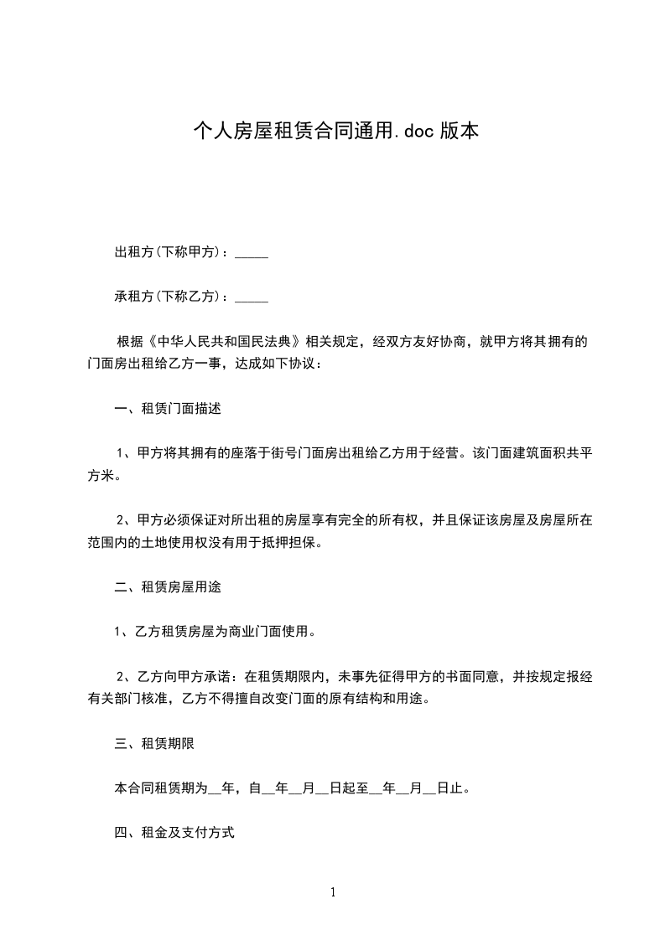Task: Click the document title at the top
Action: point(335,131)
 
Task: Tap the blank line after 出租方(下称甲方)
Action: point(252,253)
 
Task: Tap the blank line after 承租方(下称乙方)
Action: point(252,297)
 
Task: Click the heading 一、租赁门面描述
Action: point(168,410)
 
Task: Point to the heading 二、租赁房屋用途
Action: point(168,587)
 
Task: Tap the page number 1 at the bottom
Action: point(333,892)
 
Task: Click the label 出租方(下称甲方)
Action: point(167,252)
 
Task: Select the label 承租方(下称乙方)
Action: point(167,297)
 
